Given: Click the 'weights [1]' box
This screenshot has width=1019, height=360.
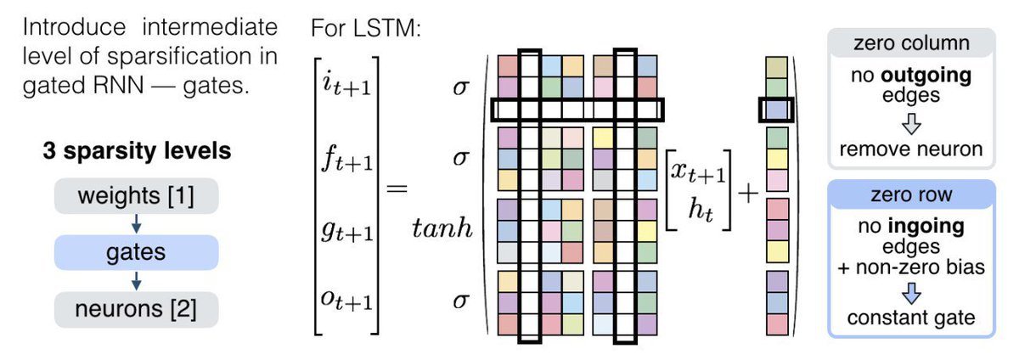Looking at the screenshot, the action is coord(137,199).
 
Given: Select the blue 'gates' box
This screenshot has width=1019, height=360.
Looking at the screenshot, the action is coord(137,252).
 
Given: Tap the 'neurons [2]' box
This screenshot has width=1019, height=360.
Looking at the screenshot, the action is coord(137,308).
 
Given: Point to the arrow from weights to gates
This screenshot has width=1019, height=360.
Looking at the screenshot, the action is coord(137,225).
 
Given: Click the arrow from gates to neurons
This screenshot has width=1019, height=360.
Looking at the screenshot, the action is coord(137,280).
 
